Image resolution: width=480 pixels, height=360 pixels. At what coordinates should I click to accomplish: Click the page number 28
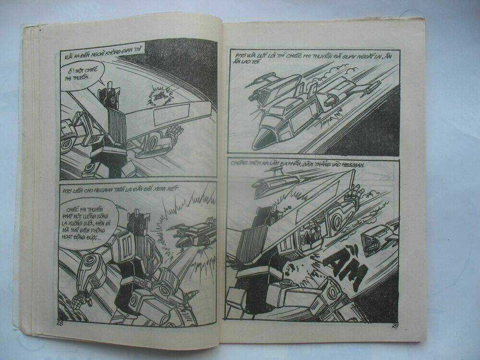coord(61,322)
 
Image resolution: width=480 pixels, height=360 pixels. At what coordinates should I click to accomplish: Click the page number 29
coord(395,328)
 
